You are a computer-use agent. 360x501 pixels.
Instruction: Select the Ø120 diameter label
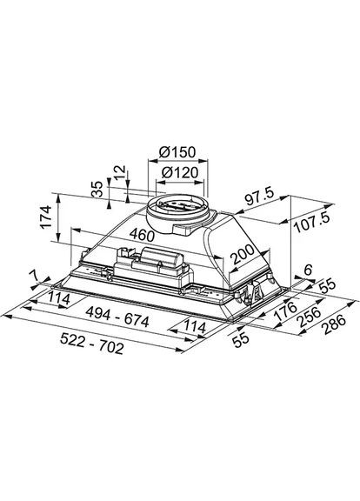(x=181, y=173)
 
